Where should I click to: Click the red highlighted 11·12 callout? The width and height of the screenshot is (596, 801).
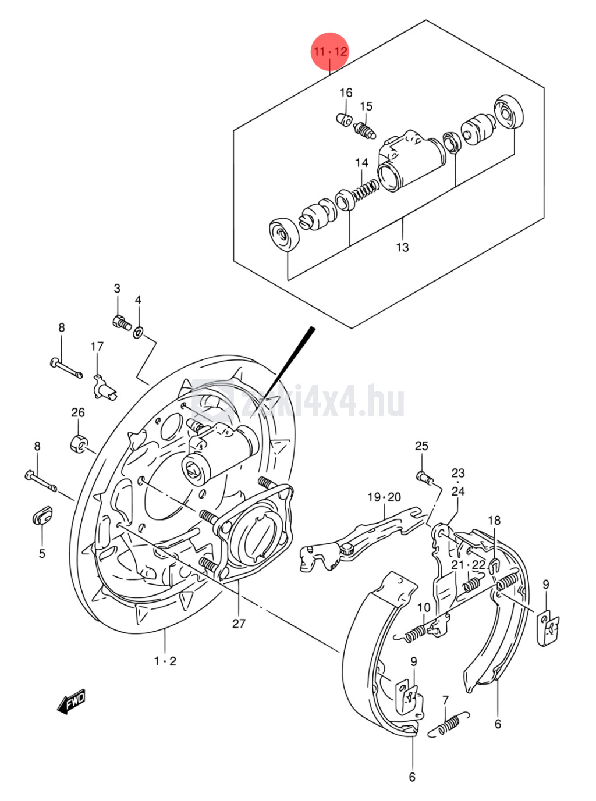pyautogui.click(x=330, y=51)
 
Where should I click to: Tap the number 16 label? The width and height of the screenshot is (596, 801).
pyautogui.click(x=346, y=92)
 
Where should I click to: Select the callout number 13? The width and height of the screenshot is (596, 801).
pyautogui.click(x=402, y=247)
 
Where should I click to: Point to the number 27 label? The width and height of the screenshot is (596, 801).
pyautogui.click(x=239, y=624)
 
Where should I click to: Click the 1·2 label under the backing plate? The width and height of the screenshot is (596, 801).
pyautogui.click(x=165, y=661)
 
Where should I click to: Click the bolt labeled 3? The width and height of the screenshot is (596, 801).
pyautogui.click(x=121, y=322)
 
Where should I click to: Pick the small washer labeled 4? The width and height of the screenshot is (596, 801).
pyautogui.click(x=139, y=332)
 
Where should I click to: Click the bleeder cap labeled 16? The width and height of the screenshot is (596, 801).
pyautogui.click(x=345, y=120)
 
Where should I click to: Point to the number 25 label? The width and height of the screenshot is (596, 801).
pyautogui.click(x=421, y=446)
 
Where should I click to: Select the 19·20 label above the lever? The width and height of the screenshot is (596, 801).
pyautogui.click(x=384, y=497)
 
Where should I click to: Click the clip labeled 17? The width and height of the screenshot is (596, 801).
pyautogui.click(x=104, y=388)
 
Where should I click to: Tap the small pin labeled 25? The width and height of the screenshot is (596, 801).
pyautogui.click(x=424, y=478)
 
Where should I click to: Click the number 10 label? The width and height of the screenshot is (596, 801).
pyautogui.click(x=424, y=607)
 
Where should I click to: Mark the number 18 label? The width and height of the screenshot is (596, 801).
pyautogui.click(x=494, y=520)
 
